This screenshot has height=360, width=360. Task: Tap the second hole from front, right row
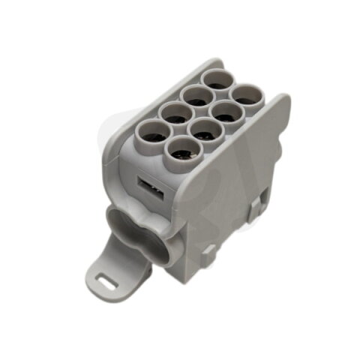(201, 132)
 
